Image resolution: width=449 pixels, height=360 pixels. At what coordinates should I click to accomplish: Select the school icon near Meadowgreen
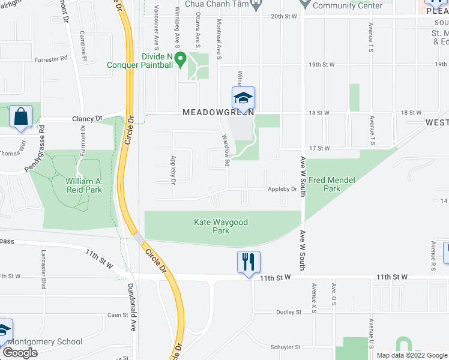(244, 98)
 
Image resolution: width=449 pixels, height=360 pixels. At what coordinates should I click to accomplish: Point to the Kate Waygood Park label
(220, 226)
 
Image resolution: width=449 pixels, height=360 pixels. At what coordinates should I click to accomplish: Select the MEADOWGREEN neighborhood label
(218, 112)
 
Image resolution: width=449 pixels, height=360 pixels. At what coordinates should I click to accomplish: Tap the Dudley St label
(289, 312)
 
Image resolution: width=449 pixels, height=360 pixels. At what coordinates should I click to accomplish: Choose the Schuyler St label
(285, 347)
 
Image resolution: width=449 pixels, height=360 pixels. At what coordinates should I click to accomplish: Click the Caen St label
(114, 314)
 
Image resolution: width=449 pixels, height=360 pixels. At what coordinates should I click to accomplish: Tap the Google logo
(19, 353)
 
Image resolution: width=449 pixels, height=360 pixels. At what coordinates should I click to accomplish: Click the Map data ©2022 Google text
(412, 355)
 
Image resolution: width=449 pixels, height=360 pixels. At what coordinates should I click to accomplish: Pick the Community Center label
(348, 5)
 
